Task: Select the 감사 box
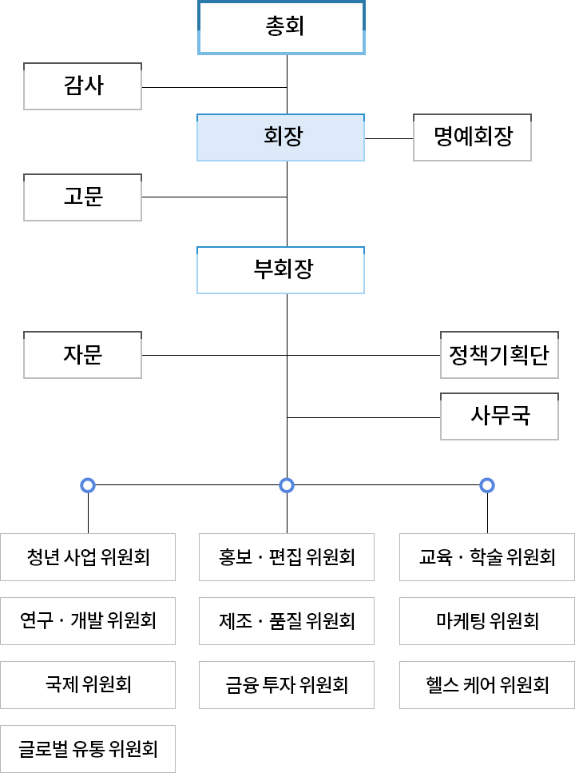click(83, 86)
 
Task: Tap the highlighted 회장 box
click(281, 137)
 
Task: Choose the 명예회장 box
click(472, 137)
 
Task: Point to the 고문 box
click(83, 197)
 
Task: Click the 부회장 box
click(281, 270)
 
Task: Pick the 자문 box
click(83, 355)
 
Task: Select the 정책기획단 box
click(499, 355)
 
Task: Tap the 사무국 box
click(499, 416)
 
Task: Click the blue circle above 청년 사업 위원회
click(88, 484)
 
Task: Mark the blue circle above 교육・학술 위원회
click(487, 484)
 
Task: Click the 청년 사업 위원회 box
click(88, 556)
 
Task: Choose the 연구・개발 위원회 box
click(88, 620)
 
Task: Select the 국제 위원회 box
click(88, 684)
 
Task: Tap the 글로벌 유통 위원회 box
click(88, 748)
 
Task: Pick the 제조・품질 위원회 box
click(287, 620)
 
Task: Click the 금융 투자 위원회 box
click(287, 684)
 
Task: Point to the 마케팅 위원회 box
click(487, 620)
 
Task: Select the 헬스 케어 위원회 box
click(487, 684)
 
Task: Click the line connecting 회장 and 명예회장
click(389, 138)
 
